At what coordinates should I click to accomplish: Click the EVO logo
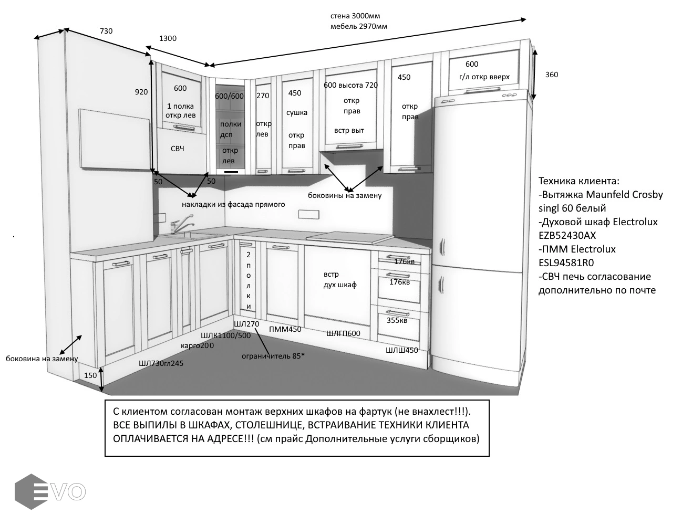coord(50,491)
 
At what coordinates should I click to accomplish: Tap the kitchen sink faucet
coord(182,223)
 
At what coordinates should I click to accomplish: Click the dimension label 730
coord(106,31)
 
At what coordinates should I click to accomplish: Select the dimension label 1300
coord(168,38)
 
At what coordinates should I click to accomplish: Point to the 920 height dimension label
coord(141,92)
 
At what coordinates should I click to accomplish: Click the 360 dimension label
coord(552,75)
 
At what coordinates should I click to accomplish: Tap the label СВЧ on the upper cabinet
coord(177,149)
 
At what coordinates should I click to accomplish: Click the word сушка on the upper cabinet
coord(296,112)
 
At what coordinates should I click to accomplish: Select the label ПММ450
coord(285,329)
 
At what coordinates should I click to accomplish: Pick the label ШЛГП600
coord(343,333)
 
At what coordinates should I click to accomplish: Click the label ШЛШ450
coord(402,350)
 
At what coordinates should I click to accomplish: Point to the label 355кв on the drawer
coord(397,320)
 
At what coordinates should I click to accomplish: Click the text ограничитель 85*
coord(273,356)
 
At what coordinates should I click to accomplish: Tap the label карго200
coord(197,345)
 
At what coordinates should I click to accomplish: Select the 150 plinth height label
coord(90,375)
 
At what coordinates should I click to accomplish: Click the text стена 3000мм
coord(355,16)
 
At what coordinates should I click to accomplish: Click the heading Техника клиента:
coord(579,181)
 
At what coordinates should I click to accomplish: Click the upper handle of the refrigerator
coord(443,247)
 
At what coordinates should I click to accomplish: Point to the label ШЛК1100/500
coord(225,335)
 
